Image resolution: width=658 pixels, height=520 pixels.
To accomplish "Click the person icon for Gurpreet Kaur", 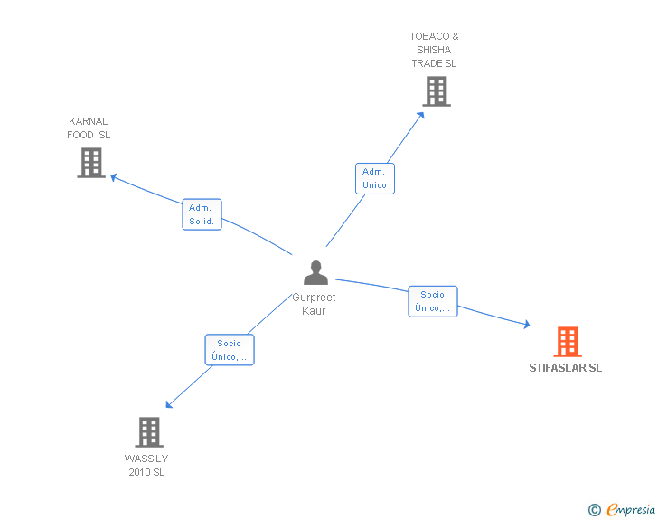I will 315,273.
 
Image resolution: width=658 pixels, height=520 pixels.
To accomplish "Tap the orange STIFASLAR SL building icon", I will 567,342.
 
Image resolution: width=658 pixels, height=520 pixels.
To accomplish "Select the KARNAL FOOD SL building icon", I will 91,163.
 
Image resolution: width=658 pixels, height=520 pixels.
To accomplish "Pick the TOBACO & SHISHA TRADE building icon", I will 436,90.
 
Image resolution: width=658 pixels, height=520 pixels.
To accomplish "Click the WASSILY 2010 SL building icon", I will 149,432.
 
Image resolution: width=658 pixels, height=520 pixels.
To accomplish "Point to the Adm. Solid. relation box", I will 202,214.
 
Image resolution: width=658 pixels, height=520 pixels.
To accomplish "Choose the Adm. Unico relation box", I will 374,178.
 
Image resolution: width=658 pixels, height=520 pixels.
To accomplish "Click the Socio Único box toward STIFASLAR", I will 432,301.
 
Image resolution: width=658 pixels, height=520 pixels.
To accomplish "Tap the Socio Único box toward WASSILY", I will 230,350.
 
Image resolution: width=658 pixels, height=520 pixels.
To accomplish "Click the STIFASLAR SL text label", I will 565,368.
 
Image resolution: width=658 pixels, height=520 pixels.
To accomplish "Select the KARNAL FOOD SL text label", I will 89,128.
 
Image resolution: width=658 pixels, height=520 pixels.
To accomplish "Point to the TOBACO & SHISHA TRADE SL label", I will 434,50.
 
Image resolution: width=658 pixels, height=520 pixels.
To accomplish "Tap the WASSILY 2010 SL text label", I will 146,465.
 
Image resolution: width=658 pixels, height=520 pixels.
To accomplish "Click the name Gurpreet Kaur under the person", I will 314,304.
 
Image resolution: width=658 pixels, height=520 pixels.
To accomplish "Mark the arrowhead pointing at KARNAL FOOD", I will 114,176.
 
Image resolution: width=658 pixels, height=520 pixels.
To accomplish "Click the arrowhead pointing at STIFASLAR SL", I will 525,324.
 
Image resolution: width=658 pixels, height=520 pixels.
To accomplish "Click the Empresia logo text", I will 630,510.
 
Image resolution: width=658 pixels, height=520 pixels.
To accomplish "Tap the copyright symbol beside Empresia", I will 594,510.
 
